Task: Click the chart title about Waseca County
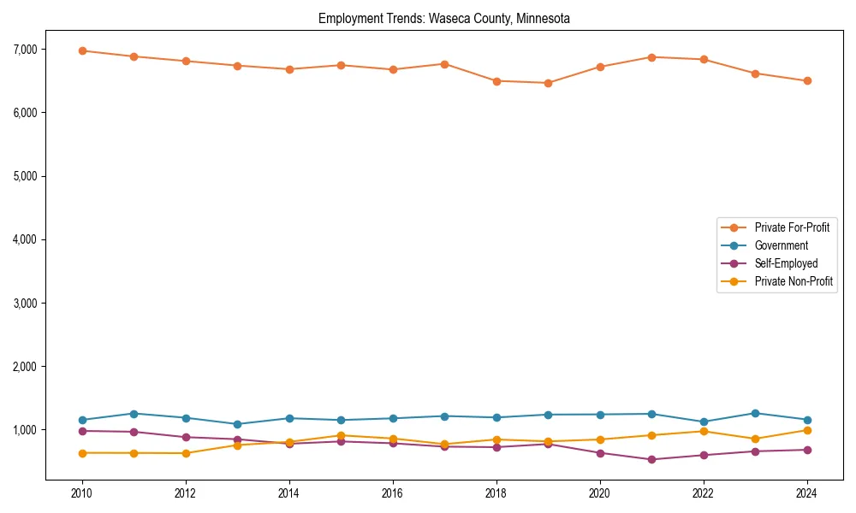(x=443, y=18)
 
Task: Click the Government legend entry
(x=781, y=245)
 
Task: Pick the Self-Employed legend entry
(x=786, y=263)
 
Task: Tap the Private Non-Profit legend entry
(x=794, y=281)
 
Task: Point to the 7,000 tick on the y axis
(x=25, y=50)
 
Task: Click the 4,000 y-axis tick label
(x=25, y=239)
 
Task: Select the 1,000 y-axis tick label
(x=25, y=430)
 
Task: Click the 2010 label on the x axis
(x=82, y=493)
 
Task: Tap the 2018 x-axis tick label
(x=496, y=493)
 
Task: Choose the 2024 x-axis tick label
(x=806, y=493)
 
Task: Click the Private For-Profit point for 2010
(x=82, y=50)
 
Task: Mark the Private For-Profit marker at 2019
(x=548, y=83)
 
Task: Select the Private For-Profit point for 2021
(x=651, y=57)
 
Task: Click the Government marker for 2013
(x=237, y=424)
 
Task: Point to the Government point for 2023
(x=755, y=413)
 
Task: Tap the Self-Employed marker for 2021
(x=651, y=459)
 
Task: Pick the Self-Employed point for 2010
(x=82, y=431)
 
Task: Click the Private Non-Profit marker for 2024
(x=806, y=430)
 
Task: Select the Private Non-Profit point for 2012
(x=186, y=453)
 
